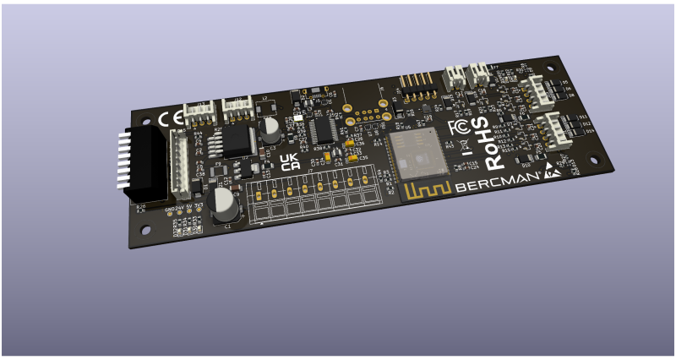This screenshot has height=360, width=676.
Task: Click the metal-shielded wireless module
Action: (417, 154)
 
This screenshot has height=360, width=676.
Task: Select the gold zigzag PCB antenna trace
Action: (427, 189)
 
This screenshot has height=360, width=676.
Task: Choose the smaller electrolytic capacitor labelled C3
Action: (270, 129)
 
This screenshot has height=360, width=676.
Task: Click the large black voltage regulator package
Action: (235, 139)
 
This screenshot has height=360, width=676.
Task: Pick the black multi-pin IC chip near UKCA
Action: (323, 129)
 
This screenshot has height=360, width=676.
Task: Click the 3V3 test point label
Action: (199, 206)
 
